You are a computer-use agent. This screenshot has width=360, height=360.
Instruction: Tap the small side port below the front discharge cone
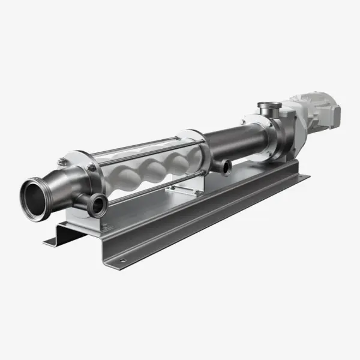[97, 206]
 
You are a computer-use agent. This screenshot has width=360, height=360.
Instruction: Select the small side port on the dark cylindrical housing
[226, 168]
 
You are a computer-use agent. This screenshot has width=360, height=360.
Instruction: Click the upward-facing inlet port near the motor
[268, 109]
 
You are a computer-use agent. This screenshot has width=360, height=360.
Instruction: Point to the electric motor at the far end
[315, 111]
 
